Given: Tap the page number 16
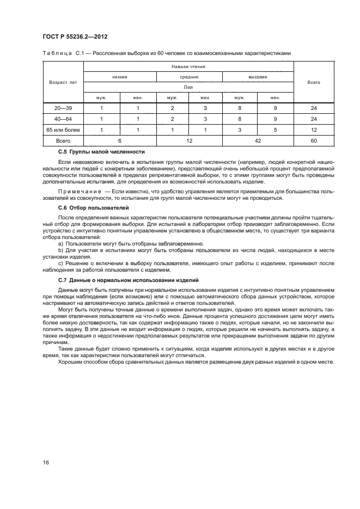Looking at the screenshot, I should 46,463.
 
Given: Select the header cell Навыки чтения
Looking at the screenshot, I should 188,67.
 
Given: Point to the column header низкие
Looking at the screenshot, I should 120,77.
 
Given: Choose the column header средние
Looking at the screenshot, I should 188,77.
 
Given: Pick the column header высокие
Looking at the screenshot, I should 258,77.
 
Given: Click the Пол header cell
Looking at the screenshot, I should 188,87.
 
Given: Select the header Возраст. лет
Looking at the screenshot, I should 63,82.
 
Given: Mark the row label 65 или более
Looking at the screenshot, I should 63,130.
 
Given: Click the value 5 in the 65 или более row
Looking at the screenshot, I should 276,130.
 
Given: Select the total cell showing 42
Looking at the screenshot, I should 258,140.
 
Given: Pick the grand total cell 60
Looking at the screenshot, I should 313,140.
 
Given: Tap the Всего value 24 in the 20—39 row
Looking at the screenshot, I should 313,108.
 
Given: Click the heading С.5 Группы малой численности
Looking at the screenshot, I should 101,151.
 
